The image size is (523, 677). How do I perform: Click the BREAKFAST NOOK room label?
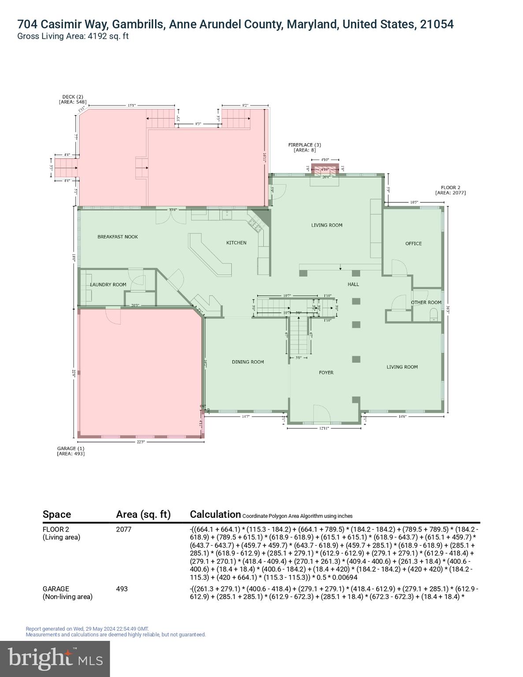click(x=118, y=237)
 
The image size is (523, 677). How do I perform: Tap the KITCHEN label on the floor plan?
click(x=236, y=243)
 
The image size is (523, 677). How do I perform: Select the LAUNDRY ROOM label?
click(x=108, y=285)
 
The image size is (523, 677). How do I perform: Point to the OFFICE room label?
click(x=413, y=243)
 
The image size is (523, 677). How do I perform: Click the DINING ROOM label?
click(x=248, y=362)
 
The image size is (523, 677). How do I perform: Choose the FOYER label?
click(x=326, y=372)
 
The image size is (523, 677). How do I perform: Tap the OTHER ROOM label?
click(x=426, y=302)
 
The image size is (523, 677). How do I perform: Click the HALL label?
click(x=353, y=284)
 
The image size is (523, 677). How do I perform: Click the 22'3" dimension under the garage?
click(x=140, y=442)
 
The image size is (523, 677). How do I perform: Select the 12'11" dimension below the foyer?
click(x=324, y=428)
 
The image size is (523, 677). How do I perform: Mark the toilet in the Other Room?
click(x=433, y=314)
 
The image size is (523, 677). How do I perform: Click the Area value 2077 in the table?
click(x=123, y=529)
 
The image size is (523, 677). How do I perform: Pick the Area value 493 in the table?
click(x=122, y=589)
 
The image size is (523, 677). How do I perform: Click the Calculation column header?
click(x=215, y=514)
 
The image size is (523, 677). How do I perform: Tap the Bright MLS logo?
click(x=55, y=659)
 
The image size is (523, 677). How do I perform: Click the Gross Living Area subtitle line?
click(x=73, y=36)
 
